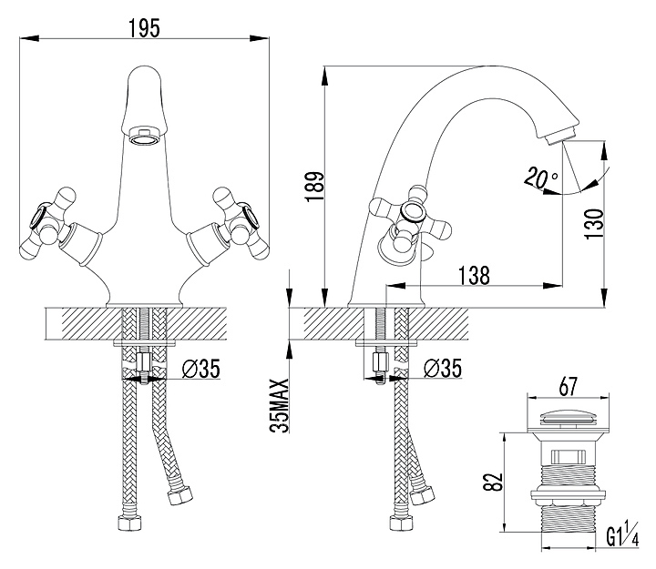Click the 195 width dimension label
click(x=144, y=27)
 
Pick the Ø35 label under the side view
click(x=445, y=369)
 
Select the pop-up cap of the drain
click(x=569, y=420)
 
